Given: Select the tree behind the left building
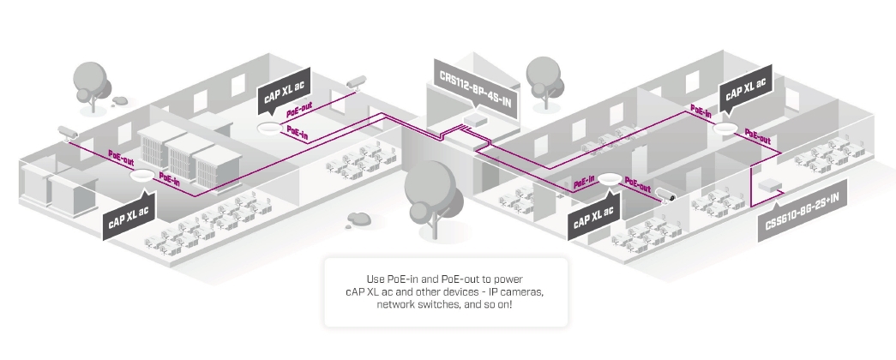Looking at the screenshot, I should tap(92, 82).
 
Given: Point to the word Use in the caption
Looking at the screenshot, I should tap(377, 280).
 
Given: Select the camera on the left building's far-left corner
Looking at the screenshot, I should tap(67, 132).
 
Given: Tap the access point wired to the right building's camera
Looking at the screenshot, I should tap(610, 178).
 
